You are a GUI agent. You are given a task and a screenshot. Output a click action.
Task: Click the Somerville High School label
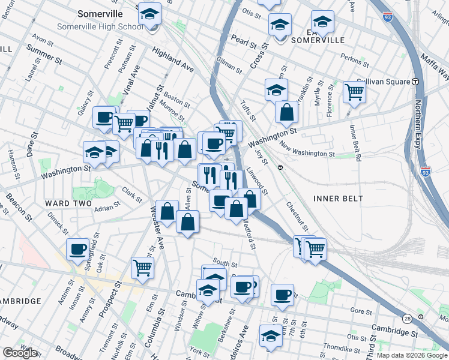coord(99,27)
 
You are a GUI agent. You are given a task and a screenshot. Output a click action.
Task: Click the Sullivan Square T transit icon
coord(415,82)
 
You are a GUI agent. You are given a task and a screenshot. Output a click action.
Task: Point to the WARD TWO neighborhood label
coord(65,203)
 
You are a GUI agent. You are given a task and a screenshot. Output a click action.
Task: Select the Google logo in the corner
coord(20,353)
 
